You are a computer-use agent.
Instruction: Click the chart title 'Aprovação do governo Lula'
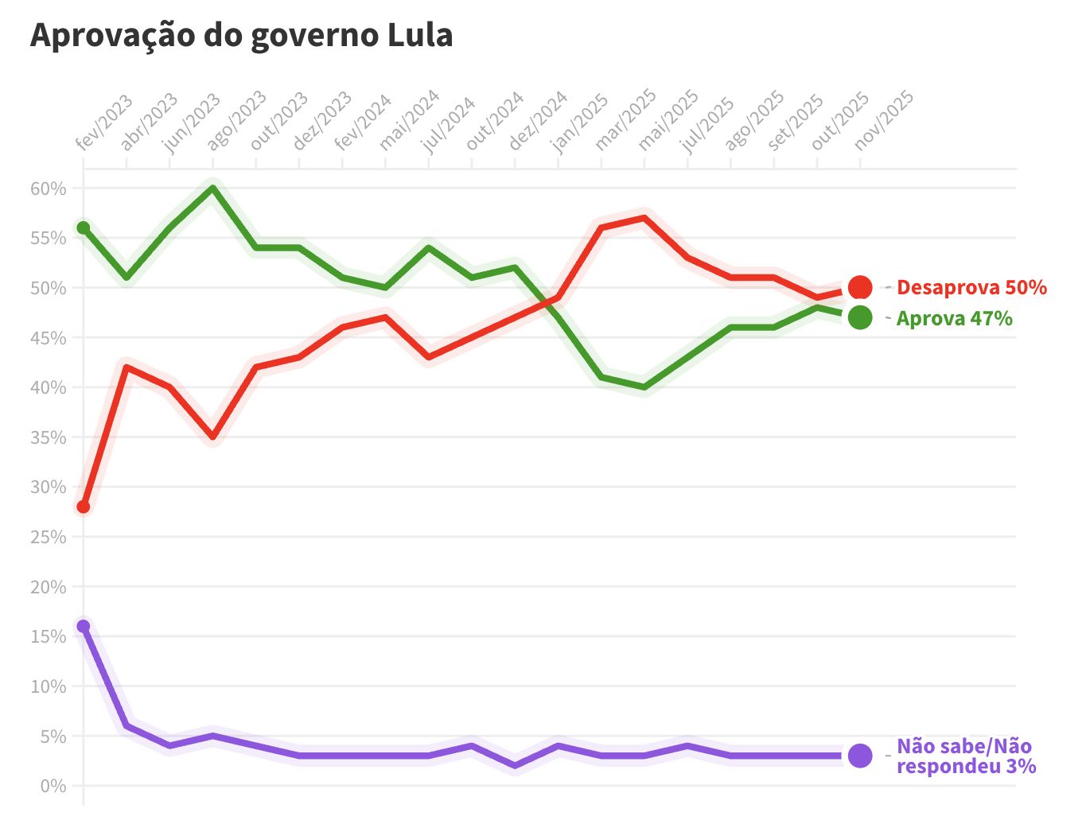click(241, 36)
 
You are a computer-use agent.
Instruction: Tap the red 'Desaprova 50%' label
click(971, 287)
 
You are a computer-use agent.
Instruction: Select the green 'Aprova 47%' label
click(954, 318)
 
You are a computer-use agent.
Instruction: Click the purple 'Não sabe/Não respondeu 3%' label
click(965, 756)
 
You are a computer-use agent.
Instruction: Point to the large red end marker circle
click(860, 287)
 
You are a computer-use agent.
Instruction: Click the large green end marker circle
click(860, 317)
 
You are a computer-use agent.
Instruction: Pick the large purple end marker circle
click(860, 756)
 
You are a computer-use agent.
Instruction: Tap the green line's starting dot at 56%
click(84, 228)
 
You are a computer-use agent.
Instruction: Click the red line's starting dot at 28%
click(84, 507)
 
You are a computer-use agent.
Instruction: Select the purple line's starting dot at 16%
click(84, 626)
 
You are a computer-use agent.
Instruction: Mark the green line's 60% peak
click(212, 189)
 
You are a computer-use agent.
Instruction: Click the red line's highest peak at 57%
click(644, 217)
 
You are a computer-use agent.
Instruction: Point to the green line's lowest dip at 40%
click(644, 387)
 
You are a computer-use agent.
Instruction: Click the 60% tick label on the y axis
click(49, 189)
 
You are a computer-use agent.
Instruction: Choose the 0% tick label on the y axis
click(53, 786)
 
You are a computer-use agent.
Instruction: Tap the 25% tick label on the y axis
click(49, 537)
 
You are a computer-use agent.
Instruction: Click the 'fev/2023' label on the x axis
click(104, 122)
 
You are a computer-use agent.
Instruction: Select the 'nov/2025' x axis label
click(883, 121)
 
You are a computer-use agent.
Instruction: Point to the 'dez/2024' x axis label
click(538, 121)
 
